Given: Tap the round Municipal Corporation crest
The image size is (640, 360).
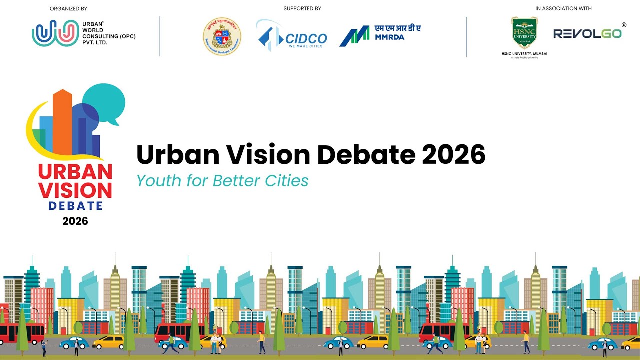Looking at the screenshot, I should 222,36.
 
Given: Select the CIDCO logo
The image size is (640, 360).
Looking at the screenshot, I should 292,36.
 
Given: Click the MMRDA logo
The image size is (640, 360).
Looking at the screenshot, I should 380,36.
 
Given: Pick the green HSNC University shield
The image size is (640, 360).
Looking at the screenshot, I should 524,33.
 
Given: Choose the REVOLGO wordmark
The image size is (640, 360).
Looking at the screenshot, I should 587,33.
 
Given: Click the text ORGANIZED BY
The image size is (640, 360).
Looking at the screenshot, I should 68,8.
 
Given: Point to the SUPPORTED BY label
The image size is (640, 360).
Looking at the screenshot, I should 302,8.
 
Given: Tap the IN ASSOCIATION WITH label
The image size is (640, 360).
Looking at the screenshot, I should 563,8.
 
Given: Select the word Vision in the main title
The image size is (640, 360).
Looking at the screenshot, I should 265,155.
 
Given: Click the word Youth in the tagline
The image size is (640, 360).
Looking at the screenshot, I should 159,180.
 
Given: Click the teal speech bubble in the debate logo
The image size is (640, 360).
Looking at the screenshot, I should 104,101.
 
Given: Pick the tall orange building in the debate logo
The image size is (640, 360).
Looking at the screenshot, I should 63,122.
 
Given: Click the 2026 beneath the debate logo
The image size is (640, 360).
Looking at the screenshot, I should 75,221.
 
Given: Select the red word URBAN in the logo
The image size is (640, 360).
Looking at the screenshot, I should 75,172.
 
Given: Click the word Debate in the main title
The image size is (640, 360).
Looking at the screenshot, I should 367,155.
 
